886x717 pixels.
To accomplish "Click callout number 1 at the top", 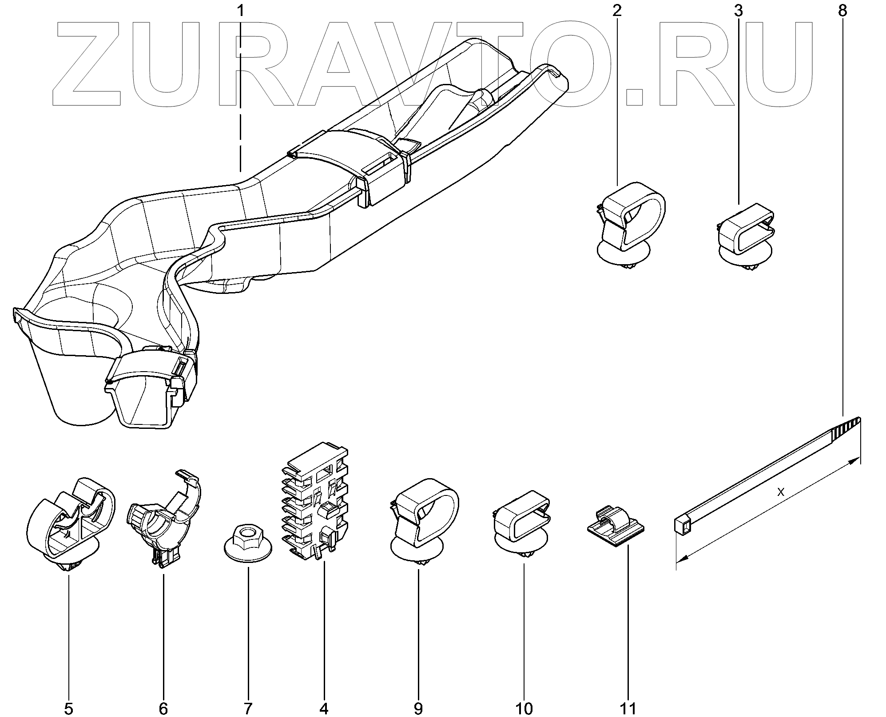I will [241, 10].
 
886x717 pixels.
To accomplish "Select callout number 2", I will [617, 11].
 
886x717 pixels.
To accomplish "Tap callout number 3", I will [738, 11].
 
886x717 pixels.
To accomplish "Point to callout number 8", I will [842, 11].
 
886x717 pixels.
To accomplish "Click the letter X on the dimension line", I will [781, 492].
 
